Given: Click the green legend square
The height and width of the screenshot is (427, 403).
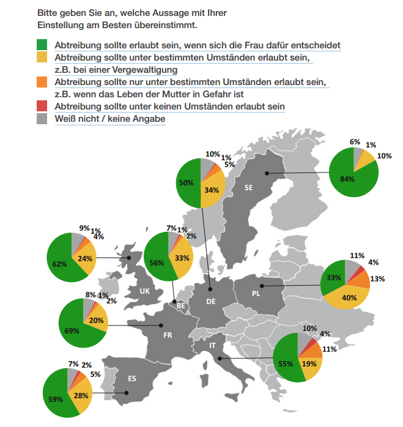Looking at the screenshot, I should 42,45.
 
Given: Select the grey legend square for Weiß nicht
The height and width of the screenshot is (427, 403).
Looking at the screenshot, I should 42,118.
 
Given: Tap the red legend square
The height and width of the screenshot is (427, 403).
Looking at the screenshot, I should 42,106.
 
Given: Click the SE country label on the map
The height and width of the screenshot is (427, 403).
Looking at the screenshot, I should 248,188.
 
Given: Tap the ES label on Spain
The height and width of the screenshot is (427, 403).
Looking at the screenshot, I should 132,378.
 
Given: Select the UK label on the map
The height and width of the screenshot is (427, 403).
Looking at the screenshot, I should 144,291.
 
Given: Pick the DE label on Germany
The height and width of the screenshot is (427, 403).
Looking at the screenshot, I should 210,301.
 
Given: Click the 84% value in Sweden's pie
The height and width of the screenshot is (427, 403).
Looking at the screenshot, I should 347,179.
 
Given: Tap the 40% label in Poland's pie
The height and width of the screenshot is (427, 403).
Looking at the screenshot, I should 349,298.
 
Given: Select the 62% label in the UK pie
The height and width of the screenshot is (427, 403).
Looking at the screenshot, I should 59,264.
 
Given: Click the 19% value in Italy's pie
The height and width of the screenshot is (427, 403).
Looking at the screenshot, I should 309,363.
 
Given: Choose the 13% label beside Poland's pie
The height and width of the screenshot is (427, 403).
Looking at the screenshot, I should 377,279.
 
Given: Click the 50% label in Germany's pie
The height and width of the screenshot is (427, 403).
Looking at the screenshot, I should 186,182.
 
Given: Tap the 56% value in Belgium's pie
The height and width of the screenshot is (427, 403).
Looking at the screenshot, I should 157,262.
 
